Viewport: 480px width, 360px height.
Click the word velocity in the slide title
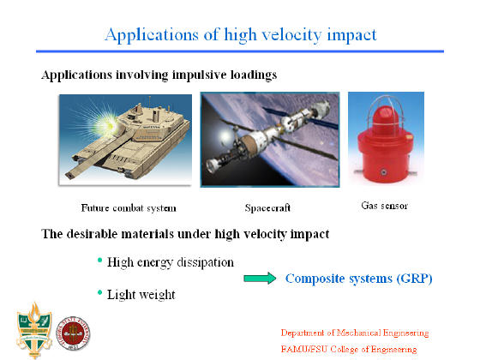291,34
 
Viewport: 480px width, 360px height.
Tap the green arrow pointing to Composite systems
260,279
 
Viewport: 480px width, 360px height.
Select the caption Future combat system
129,208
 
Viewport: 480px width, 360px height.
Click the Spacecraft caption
267,207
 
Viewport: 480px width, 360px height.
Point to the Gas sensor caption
385,206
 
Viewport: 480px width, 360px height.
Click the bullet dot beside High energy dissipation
99,261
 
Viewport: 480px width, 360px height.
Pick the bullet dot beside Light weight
99,292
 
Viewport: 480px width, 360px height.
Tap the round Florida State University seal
73,333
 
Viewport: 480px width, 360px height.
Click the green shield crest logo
34,330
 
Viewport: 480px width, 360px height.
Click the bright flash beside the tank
105,125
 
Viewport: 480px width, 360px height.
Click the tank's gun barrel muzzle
69,176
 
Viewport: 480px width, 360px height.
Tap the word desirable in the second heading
93,234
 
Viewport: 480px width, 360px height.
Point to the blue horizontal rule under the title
240,51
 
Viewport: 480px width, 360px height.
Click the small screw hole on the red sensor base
383,172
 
